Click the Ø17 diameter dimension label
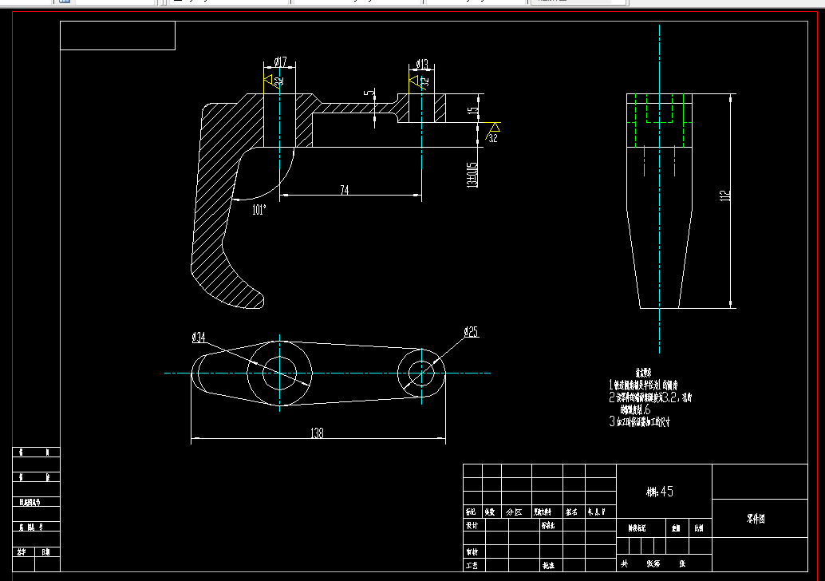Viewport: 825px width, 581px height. (280, 61)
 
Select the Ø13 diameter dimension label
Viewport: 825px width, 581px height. (422, 64)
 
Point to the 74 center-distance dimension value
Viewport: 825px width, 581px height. (344, 190)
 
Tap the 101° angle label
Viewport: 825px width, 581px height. (259, 210)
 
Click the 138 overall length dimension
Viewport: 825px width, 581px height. (317, 433)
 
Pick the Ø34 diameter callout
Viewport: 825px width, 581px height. (199, 338)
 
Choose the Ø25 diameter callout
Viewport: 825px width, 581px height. (470, 332)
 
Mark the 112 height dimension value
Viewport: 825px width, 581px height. (724, 196)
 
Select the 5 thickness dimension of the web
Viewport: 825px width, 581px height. (369, 94)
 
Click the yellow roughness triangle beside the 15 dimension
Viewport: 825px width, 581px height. (494, 128)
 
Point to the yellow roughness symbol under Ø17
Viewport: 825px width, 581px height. (270, 81)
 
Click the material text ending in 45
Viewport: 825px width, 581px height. (660, 492)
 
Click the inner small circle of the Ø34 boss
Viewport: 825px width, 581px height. (280, 373)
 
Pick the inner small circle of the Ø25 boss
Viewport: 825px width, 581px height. (420, 373)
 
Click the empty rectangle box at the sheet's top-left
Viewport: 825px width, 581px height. (117, 36)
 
